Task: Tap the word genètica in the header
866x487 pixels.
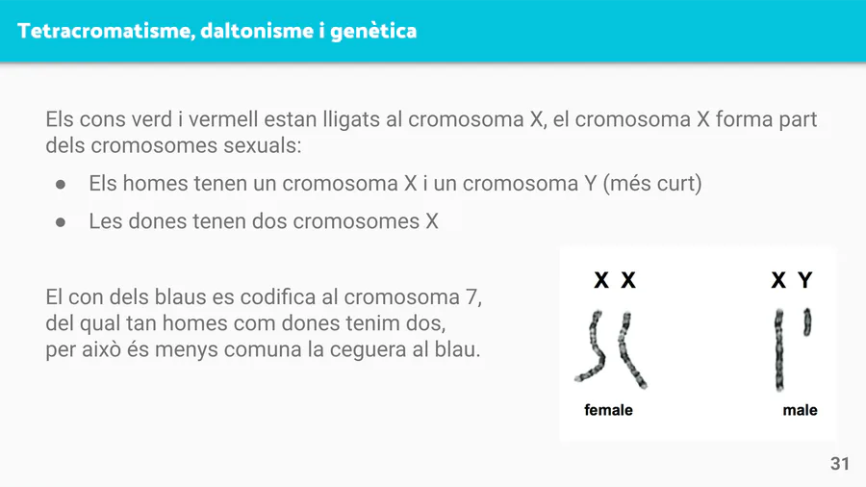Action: coord(373,32)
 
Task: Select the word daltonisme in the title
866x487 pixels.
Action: coord(257,31)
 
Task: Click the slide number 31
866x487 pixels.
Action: coord(839,463)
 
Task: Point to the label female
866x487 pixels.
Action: coord(608,410)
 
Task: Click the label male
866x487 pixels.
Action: coord(800,410)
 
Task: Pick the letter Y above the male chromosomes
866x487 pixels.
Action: coord(805,280)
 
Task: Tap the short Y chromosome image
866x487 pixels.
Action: coord(807,321)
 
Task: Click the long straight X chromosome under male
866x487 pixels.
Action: coord(779,349)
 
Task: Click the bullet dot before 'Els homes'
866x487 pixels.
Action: coord(61,185)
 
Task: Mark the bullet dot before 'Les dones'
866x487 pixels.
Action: coord(61,222)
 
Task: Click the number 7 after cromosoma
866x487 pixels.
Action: coord(471,297)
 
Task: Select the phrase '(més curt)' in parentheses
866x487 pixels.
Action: coord(652,183)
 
